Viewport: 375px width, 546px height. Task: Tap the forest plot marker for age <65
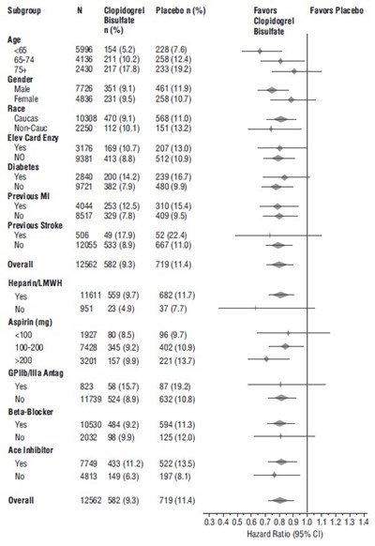click(x=260, y=51)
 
